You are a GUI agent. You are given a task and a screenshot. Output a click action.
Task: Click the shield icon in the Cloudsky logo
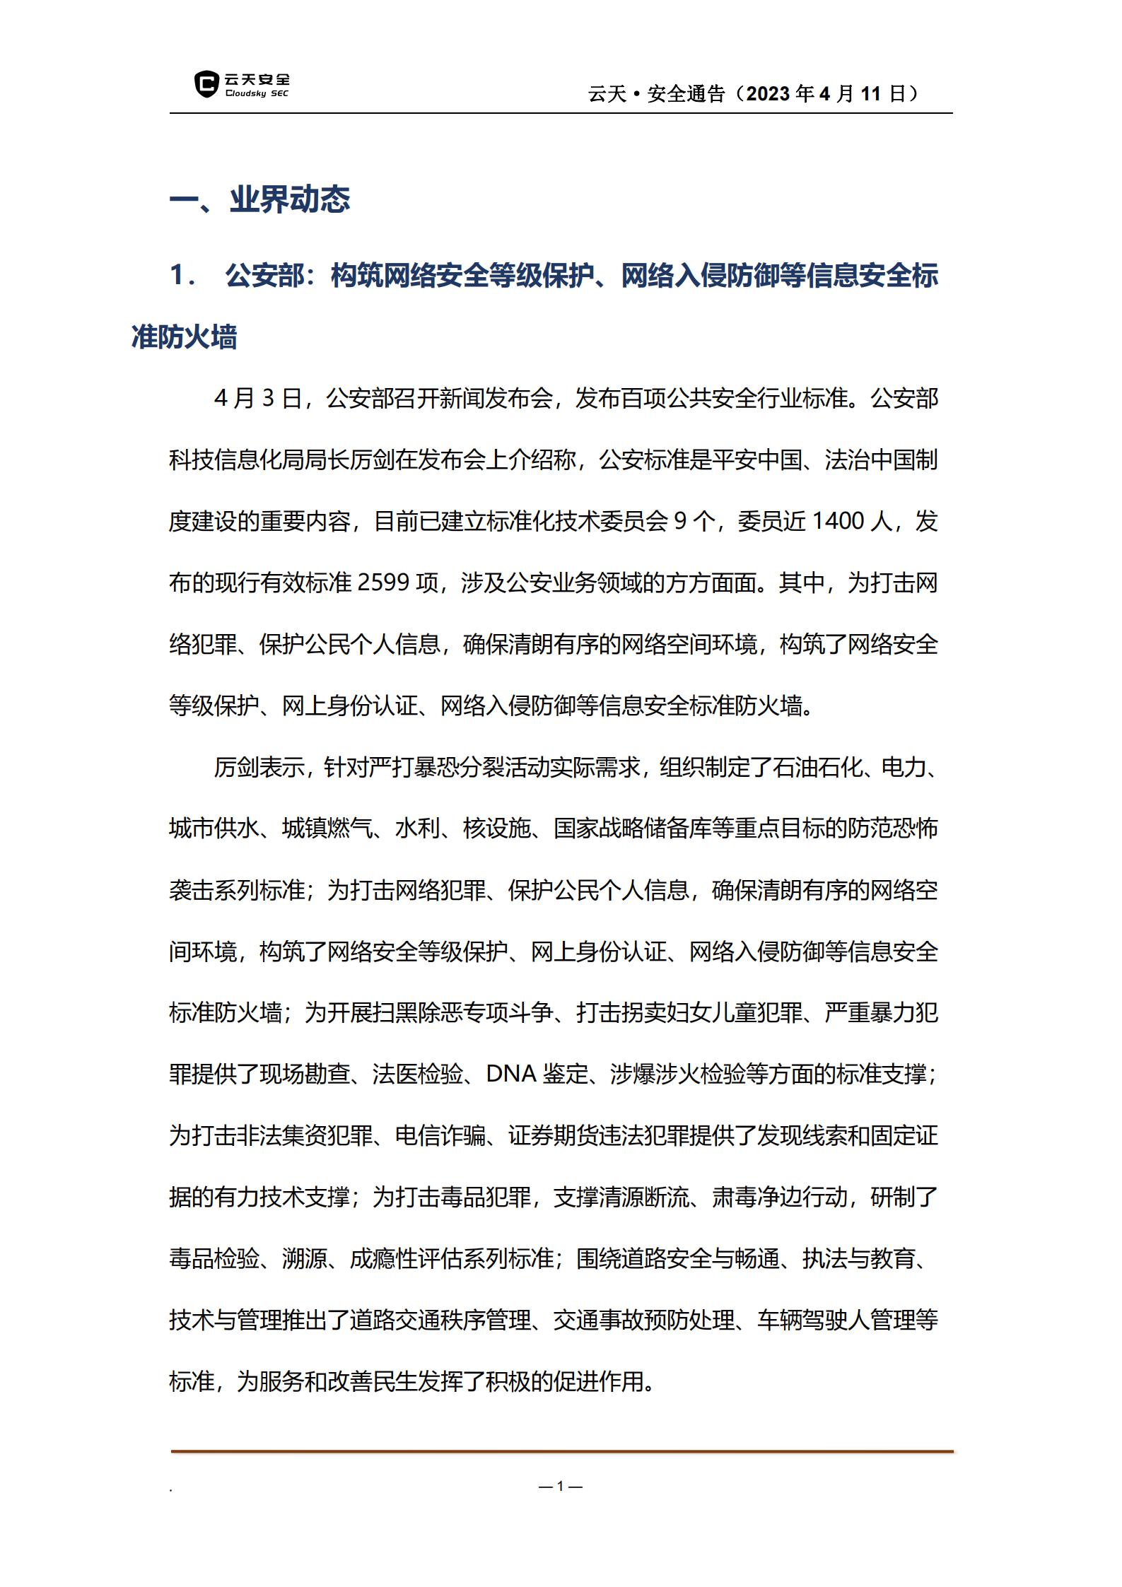click(x=206, y=84)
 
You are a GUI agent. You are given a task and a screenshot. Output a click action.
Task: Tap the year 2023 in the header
click(x=768, y=94)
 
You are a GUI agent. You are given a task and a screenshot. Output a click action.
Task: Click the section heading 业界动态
click(x=290, y=200)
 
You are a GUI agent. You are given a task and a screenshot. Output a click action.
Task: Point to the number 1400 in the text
click(x=838, y=522)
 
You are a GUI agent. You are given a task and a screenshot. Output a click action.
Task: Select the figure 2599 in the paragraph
click(x=385, y=583)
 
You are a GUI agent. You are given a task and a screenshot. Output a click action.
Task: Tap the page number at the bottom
click(x=560, y=1487)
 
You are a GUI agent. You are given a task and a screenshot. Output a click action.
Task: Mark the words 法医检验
click(x=418, y=1074)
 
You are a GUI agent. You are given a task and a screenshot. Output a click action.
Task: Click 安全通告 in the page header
click(x=686, y=94)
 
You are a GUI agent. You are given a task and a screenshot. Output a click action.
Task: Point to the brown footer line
click(x=562, y=1451)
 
